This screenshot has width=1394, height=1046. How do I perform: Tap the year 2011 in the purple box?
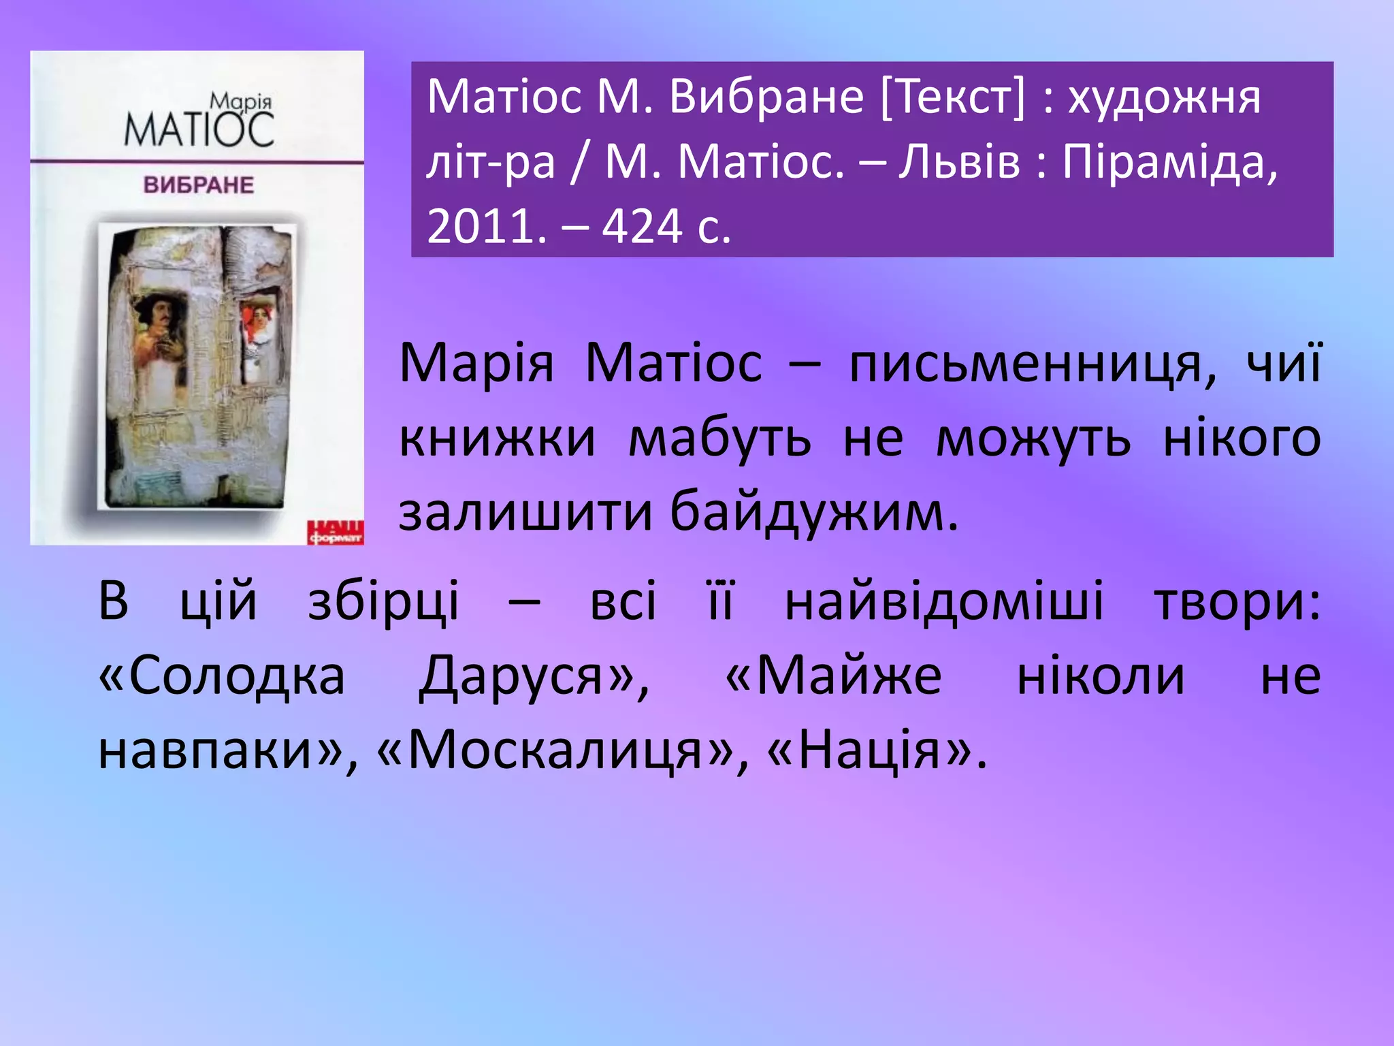[486, 226]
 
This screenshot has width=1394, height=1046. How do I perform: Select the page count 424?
[641, 226]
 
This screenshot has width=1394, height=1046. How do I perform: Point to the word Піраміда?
[1169, 162]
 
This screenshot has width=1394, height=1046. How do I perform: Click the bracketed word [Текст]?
[952, 97]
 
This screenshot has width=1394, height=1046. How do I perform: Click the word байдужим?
[814, 512]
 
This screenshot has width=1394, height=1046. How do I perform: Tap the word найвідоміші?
[943, 601]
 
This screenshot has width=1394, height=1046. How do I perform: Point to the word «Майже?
[834, 676]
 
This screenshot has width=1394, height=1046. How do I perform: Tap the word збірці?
[384, 601]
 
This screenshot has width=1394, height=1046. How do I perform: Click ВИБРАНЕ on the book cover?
[198, 185]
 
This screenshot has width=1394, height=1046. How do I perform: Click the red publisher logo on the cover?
[335, 533]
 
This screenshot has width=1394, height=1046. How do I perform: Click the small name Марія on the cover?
[241, 102]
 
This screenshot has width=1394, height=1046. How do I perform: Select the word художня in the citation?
[1164, 97]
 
